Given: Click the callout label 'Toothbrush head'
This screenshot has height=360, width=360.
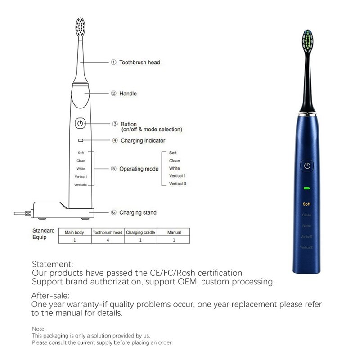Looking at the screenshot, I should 139,63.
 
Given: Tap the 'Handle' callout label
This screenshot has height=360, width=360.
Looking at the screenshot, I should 128,94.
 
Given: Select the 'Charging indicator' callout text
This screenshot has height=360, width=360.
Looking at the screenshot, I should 143,141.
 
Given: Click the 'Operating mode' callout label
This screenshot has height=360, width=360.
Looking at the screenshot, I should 139,169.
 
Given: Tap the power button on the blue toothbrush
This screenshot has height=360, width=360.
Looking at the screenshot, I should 307,166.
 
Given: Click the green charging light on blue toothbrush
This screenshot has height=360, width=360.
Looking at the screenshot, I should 307,189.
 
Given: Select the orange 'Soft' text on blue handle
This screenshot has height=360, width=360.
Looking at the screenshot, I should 307,204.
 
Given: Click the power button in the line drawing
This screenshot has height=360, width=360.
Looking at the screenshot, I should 80,123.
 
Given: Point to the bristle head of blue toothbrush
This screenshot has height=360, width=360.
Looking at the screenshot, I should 307,40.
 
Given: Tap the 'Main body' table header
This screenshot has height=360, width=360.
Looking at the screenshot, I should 75,233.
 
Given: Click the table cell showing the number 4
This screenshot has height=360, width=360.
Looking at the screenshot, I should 108,240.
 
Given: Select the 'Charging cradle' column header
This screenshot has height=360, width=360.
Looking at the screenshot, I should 140,233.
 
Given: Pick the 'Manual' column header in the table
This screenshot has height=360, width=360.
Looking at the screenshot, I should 174,233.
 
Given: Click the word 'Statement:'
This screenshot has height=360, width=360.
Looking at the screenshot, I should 52,265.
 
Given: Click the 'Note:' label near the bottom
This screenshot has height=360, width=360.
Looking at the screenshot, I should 39,329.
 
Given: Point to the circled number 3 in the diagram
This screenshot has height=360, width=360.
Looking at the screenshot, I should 115,124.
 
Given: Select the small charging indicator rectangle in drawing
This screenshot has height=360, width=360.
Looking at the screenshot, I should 80,140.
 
